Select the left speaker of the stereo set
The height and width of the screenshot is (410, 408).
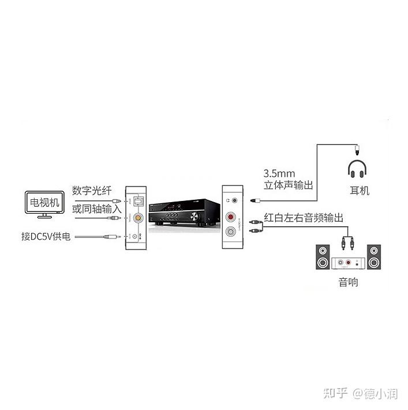[323, 258]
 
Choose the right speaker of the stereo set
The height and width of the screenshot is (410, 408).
[375, 258]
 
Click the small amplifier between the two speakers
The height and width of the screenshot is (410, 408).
[348, 263]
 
